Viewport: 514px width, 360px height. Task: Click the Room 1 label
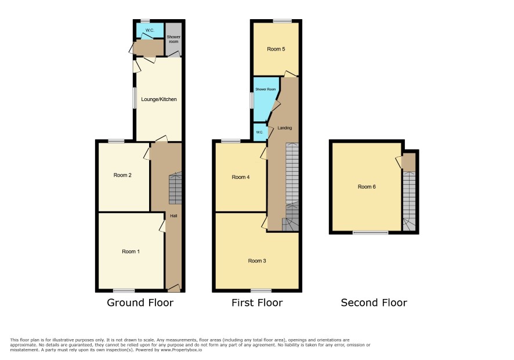click(x=131, y=251)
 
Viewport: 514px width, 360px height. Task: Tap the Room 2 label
click(x=122, y=175)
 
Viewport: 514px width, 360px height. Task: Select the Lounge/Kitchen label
click(x=158, y=99)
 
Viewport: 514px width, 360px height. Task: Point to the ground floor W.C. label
click(x=150, y=30)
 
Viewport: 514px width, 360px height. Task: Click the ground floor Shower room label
click(x=173, y=39)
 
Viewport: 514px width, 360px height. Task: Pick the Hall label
click(x=173, y=215)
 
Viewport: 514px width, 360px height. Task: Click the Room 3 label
click(x=256, y=261)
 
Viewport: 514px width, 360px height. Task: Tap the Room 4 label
click(x=241, y=177)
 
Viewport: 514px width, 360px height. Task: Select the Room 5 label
click(x=276, y=49)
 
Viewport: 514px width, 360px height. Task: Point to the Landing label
click(x=284, y=128)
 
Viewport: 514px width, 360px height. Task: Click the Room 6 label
click(x=367, y=186)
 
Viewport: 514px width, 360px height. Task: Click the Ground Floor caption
click(x=140, y=303)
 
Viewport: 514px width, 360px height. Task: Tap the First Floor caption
click(x=257, y=303)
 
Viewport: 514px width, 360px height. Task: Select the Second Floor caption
click(x=374, y=303)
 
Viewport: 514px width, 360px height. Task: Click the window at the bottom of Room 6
click(x=371, y=233)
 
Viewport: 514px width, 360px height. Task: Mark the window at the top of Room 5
click(x=283, y=21)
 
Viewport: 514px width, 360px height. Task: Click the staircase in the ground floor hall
click(x=175, y=188)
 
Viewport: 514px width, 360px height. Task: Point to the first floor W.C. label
click(x=259, y=132)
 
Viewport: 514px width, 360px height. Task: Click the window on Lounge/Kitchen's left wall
click(x=135, y=98)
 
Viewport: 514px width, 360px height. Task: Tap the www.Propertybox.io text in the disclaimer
click(x=181, y=350)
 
